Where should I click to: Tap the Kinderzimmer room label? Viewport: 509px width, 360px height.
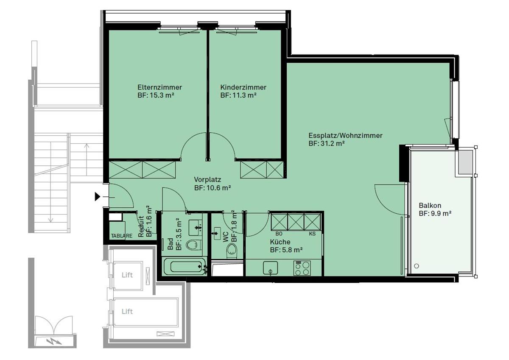(x=243, y=87)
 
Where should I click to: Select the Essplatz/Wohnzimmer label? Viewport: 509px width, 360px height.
(x=345, y=136)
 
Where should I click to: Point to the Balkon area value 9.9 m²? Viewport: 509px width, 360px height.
(x=435, y=214)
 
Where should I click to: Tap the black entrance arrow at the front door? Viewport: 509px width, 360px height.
(x=98, y=196)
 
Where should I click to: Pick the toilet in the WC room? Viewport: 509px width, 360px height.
(x=232, y=250)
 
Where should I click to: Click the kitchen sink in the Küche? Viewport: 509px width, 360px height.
(x=270, y=268)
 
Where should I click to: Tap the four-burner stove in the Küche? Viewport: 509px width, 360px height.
(x=302, y=268)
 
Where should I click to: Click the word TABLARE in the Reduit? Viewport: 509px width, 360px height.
(x=122, y=236)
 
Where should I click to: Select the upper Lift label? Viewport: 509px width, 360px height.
(x=127, y=275)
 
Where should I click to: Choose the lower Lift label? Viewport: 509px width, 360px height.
(x=127, y=311)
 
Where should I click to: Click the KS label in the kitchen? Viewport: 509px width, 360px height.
(x=312, y=234)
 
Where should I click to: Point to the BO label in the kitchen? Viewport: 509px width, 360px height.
(x=279, y=234)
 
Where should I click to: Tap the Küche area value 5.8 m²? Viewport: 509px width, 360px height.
(x=286, y=250)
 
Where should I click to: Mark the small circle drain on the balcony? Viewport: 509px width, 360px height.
(x=417, y=266)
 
